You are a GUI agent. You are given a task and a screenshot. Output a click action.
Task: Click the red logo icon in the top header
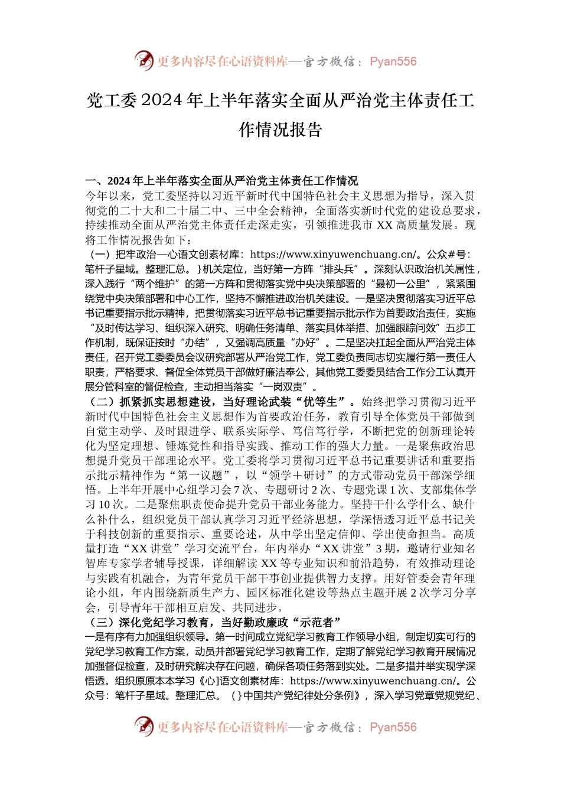144,60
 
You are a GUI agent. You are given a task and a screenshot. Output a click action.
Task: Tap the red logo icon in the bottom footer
144,726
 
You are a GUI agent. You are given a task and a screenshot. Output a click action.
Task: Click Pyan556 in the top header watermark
393,61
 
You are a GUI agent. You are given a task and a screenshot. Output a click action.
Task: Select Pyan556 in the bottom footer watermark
393,727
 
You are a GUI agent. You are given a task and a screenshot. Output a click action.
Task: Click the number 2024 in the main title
161,101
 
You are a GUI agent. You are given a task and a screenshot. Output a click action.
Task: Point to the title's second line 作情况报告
280,130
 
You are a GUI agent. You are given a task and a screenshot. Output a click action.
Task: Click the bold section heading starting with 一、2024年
221,181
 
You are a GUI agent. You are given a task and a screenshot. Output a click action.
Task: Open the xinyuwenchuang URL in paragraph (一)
334,255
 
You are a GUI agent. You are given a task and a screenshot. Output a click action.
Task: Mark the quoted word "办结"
194,343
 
